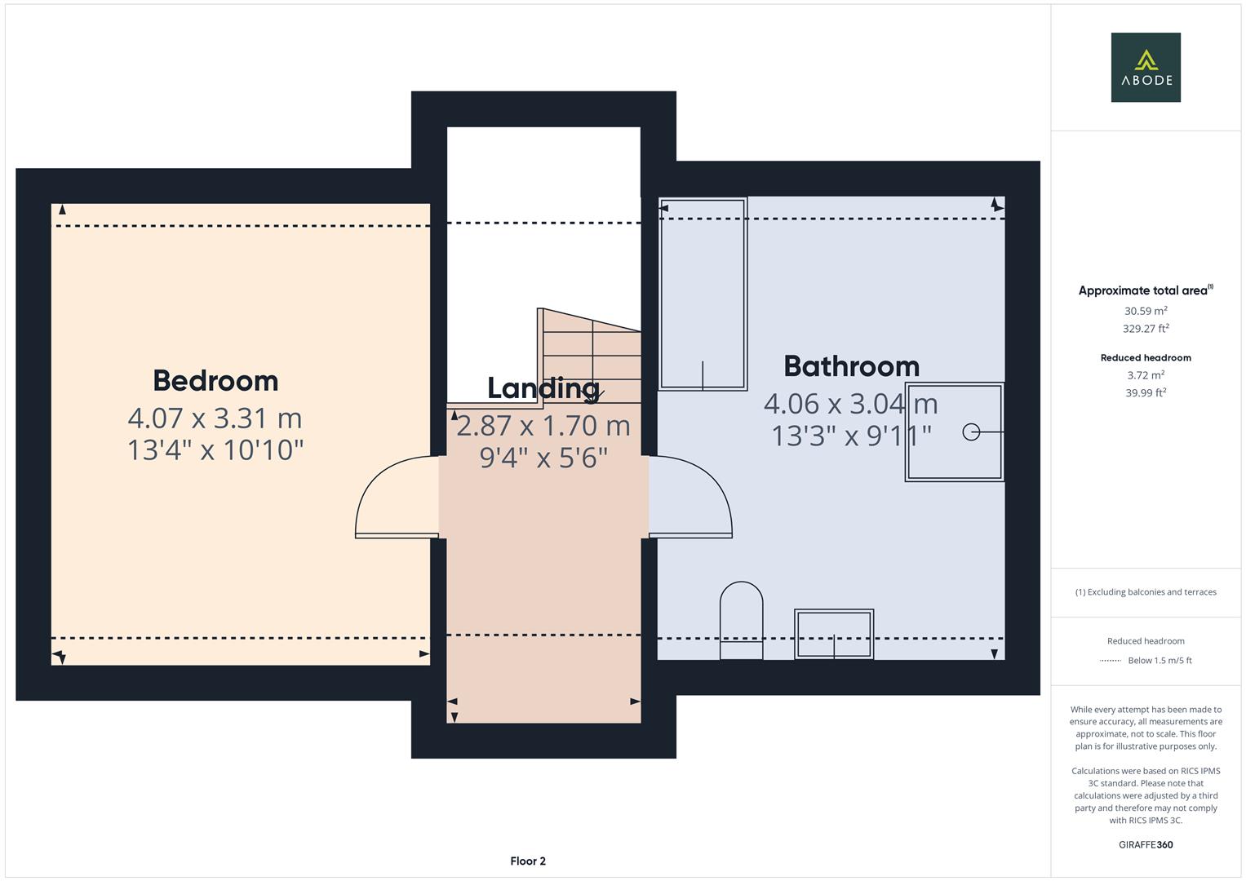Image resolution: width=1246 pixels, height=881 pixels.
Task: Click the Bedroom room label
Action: pyautogui.click(x=215, y=381)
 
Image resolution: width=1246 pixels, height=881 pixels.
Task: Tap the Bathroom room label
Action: pyautogui.click(x=851, y=366)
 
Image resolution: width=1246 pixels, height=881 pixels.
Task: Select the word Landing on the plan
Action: pyautogui.click(x=543, y=388)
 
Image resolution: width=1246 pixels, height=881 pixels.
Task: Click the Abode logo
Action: pyautogui.click(x=1146, y=67)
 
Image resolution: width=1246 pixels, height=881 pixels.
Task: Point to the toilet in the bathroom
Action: pyautogui.click(x=741, y=620)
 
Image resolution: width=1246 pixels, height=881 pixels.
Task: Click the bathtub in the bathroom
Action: pyautogui.click(x=703, y=294)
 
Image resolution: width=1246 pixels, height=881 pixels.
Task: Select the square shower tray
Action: pyautogui.click(x=954, y=432)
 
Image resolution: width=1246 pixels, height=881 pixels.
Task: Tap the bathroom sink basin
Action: pyautogui.click(x=834, y=634)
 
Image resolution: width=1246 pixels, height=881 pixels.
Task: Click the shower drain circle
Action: pyautogui.click(x=971, y=432)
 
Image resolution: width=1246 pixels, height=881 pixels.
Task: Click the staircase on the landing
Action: pyautogui.click(x=590, y=356)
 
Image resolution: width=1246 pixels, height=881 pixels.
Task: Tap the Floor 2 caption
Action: pyautogui.click(x=528, y=861)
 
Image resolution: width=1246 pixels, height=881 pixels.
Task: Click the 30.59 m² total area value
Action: pyautogui.click(x=1146, y=311)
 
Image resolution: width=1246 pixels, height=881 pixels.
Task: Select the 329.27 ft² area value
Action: pyautogui.click(x=1146, y=329)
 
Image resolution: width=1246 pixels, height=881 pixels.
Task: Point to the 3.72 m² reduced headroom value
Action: pyautogui.click(x=1146, y=375)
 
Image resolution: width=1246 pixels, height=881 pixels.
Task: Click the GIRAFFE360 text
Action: pyautogui.click(x=1146, y=845)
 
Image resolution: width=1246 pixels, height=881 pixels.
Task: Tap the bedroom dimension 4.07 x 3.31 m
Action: pyautogui.click(x=215, y=418)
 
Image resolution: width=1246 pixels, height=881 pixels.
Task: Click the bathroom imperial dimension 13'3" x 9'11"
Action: pyautogui.click(x=851, y=436)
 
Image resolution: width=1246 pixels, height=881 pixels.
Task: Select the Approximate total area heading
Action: pyautogui.click(x=1146, y=290)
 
